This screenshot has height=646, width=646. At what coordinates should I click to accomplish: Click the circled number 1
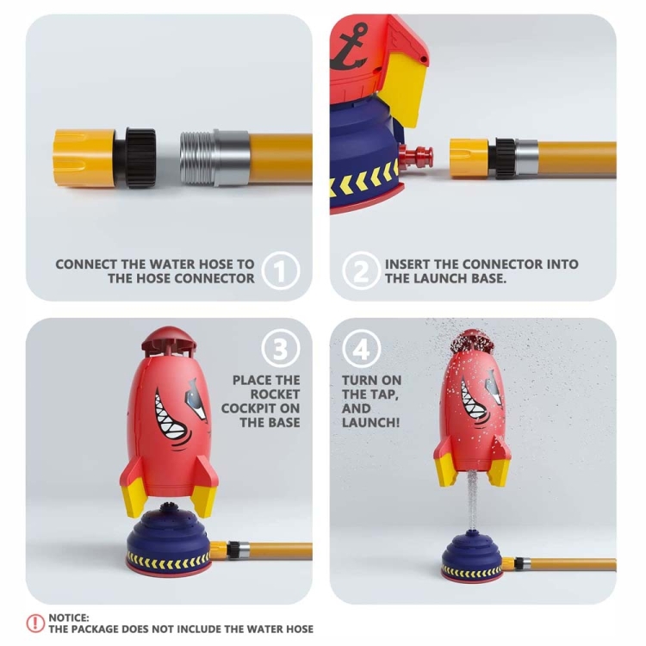(x=281, y=270)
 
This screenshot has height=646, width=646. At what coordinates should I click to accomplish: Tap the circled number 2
(x=361, y=270)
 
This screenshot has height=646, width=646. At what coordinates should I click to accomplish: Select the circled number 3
(x=281, y=349)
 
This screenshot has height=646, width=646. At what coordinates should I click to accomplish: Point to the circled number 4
(x=361, y=349)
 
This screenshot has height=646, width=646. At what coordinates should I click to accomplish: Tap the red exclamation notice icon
(x=35, y=623)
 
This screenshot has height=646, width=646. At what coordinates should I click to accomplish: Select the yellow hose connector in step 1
(x=84, y=158)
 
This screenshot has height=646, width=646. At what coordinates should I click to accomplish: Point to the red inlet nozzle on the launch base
(x=415, y=156)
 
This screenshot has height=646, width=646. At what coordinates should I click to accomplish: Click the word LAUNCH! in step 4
(x=370, y=422)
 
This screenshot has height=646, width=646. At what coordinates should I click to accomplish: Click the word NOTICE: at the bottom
(x=69, y=618)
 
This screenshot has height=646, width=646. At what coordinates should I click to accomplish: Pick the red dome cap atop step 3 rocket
(x=170, y=339)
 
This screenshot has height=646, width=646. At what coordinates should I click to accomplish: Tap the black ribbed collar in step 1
(x=140, y=158)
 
